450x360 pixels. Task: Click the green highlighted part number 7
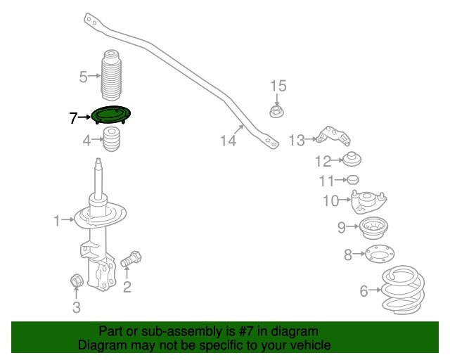coord(111,115)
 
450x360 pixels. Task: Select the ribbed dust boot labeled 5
coord(111,75)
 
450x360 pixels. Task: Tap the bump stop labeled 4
coord(112,139)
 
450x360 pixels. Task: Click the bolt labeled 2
coord(131,259)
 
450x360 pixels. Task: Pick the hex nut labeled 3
coord(77,280)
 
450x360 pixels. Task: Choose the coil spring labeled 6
coord(403,290)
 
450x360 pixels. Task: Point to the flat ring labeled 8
coord(380,254)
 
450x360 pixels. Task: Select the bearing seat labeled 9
coord(373,228)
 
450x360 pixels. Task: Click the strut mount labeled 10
coord(368,202)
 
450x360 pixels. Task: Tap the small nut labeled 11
coord(353,180)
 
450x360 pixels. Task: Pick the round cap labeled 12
coord(352,160)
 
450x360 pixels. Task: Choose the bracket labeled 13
coord(333,136)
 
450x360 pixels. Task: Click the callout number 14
coord(228,141)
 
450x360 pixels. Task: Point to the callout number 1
coord(57,221)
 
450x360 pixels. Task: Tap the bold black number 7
coord(73,117)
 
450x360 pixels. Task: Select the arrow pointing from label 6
coord(375,290)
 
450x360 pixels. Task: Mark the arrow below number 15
coord(276,99)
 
